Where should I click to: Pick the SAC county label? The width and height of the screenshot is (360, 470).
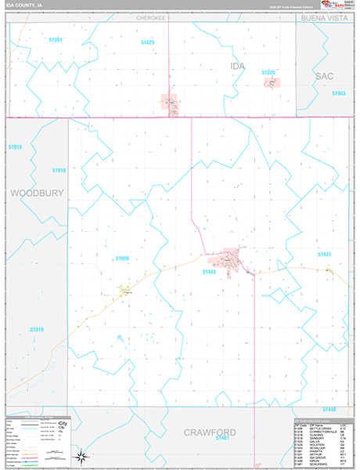[326, 75]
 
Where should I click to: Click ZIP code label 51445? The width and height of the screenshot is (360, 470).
[209, 272]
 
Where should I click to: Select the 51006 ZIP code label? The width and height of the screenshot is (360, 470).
[121, 258]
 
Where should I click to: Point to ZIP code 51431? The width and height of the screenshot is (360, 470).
[326, 255]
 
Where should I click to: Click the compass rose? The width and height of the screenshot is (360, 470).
[81, 456]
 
